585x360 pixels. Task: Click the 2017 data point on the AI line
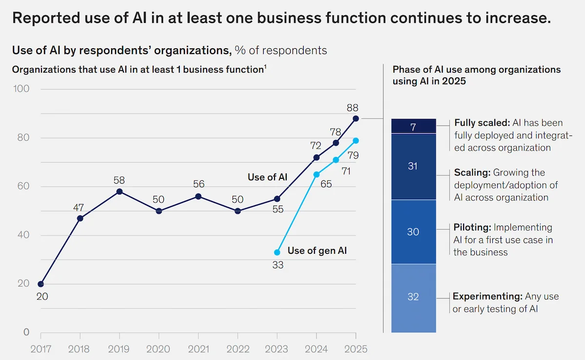[41, 284]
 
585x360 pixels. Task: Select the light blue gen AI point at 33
[277, 252]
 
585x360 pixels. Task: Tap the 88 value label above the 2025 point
[355, 108]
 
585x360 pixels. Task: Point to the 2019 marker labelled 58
[119, 191]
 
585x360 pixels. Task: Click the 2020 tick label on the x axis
[159, 349]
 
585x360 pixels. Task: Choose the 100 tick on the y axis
[21, 89]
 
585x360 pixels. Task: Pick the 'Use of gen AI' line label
[317, 251]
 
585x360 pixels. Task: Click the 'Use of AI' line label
[267, 177]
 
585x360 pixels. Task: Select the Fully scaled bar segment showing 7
[413, 127]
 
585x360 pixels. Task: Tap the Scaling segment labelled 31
[413, 166]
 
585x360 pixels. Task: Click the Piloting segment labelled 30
[413, 232]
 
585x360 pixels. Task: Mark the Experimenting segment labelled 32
[413, 297]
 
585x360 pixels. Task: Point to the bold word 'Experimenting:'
[487, 296]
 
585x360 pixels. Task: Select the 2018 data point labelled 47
[80, 218]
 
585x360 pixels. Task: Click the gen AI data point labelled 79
[355, 141]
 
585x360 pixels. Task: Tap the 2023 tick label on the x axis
[277, 349]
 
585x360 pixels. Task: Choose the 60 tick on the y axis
[23, 187]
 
